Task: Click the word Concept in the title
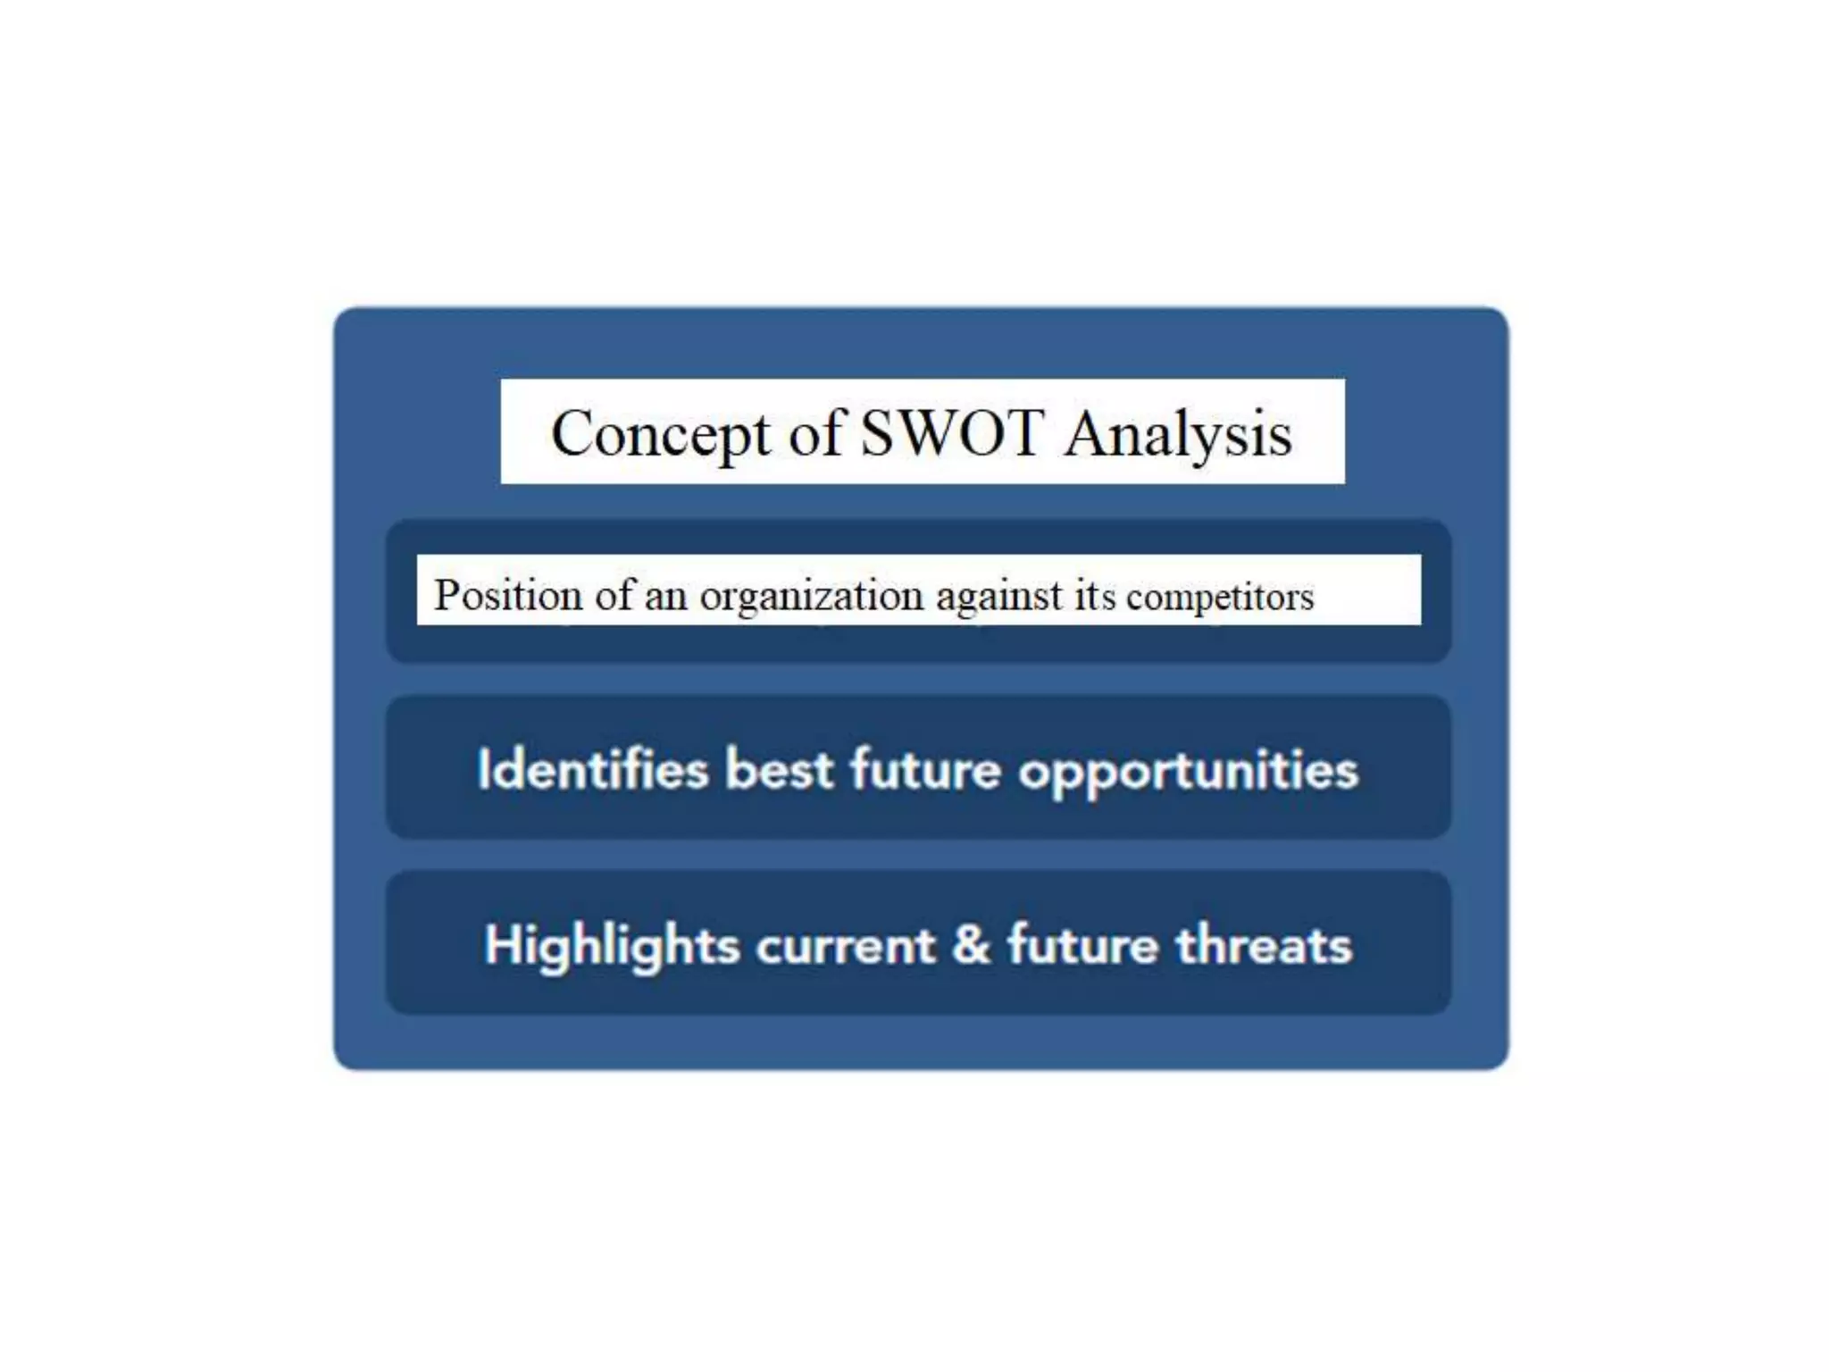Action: [660, 435]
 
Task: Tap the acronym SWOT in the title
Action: [952, 433]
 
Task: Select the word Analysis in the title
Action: [1178, 435]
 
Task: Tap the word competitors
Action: [1220, 597]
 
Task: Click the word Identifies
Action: [592, 769]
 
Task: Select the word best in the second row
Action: [779, 769]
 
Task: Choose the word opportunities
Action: [1189, 771]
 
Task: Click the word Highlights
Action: [612, 946]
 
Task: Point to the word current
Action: [845, 946]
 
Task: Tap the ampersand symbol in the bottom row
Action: [972, 945]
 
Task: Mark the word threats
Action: [1264, 945]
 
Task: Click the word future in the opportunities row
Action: [925, 769]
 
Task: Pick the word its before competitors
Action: [1095, 595]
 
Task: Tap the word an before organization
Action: [665, 597]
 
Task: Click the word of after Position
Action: [615, 595]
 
